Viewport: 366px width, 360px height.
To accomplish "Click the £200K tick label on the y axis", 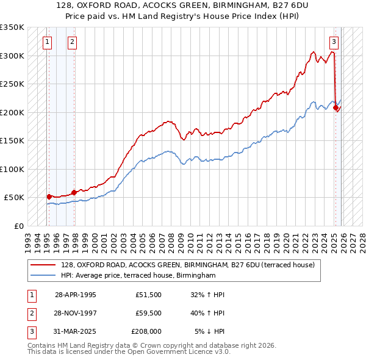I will click(12, 112).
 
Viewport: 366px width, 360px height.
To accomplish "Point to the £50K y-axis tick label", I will click(14, 198).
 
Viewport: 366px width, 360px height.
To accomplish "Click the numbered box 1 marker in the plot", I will click(48, 42).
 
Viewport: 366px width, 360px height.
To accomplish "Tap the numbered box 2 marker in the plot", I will click(72, 42).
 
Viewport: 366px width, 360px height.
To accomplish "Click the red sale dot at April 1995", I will click(49, 196).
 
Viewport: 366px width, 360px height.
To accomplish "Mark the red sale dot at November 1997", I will click(74, 192).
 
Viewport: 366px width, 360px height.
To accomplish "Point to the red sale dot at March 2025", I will click(335, 107).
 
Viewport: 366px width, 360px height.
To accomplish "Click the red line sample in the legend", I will click(43, 265).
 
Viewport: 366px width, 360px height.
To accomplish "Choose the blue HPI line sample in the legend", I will click(43, 275).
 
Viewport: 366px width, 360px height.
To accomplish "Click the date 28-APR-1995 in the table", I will click(75, 294).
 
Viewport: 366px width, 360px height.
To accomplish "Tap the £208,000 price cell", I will click(146, 332).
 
